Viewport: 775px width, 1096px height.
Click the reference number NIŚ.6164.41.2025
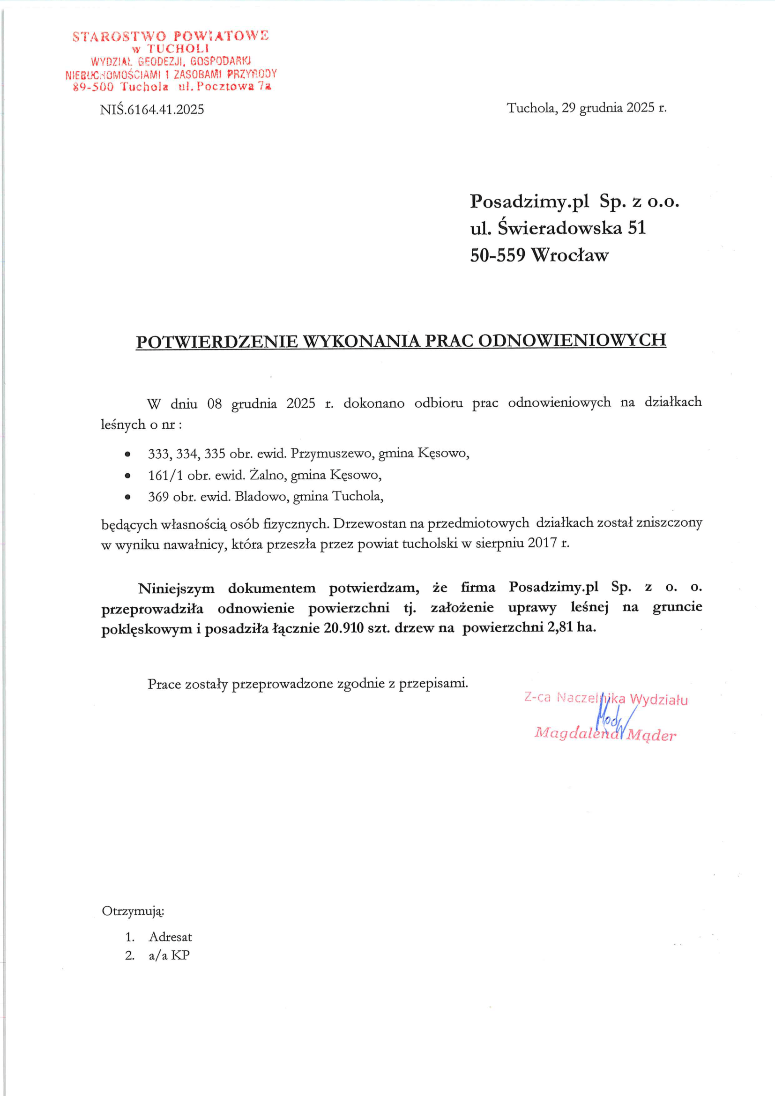[152, 110]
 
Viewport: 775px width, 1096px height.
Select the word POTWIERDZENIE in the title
[217, 341]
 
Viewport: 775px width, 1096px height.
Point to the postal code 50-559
[497, 255]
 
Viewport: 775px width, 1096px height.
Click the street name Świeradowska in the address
[560, 228]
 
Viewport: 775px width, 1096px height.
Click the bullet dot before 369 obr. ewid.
[127, 497]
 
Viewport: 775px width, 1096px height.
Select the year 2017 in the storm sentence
[543, 544]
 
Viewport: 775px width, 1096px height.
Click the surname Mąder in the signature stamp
[651, 736]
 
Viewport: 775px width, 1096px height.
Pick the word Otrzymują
[133, 911]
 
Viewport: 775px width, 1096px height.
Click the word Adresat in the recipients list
[170, 937]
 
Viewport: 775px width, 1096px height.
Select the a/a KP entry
[169, 955]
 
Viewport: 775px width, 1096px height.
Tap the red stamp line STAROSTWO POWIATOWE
[171, 36]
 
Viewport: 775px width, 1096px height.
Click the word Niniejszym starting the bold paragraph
[176, 589]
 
